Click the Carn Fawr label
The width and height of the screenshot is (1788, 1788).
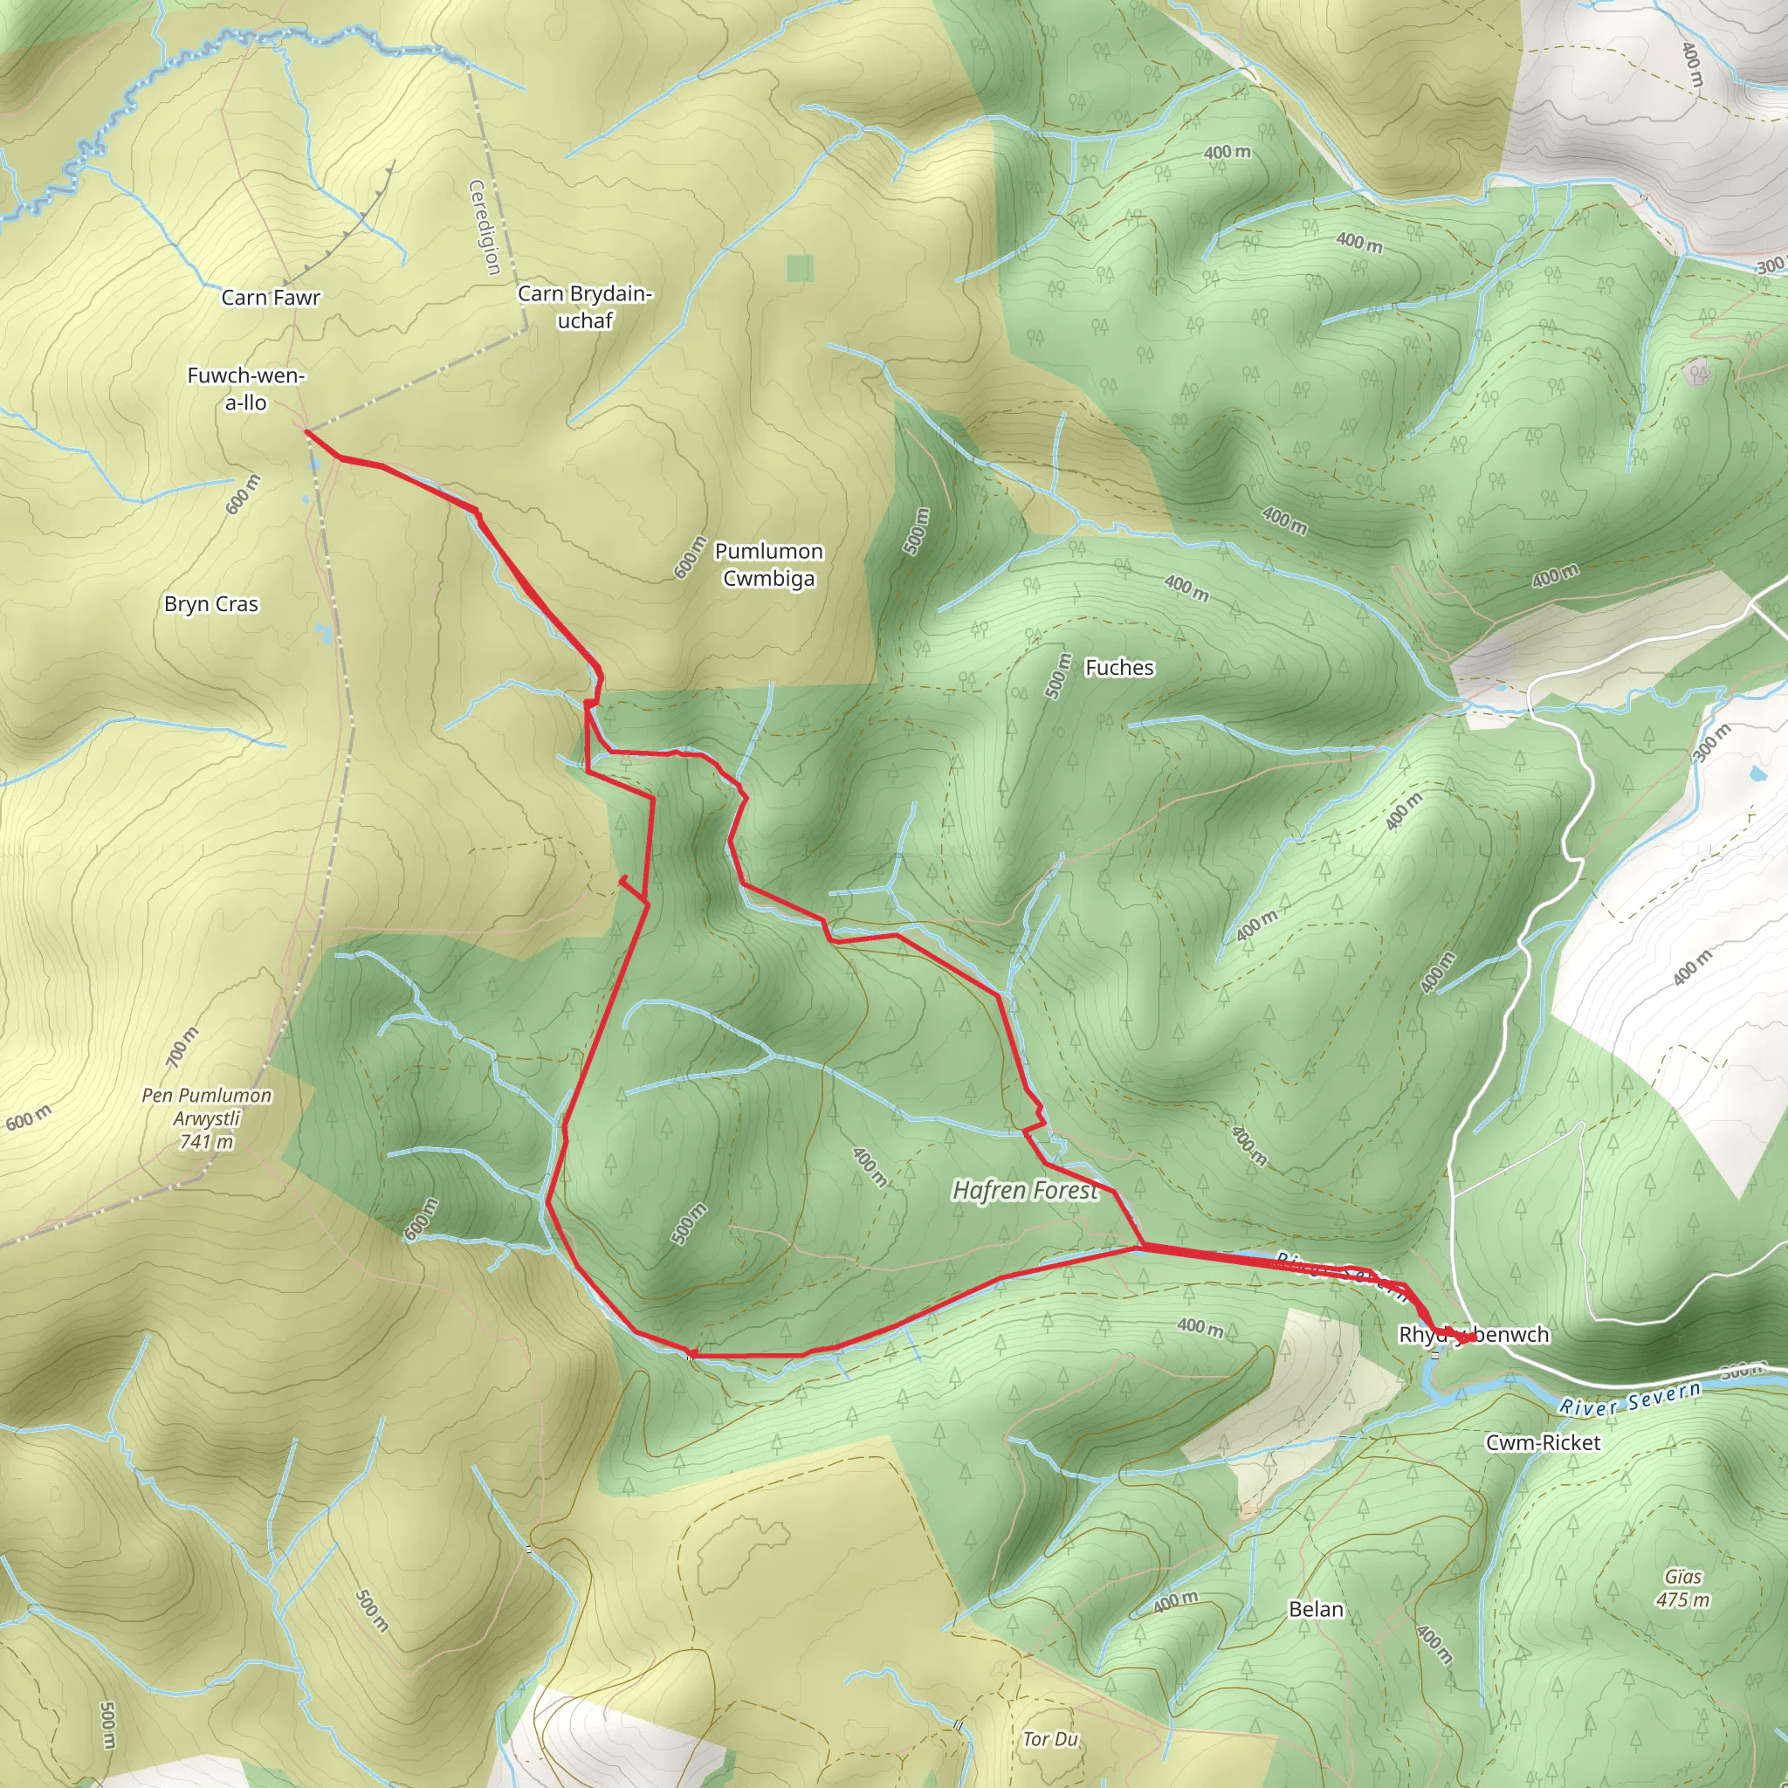(x=271, y=298)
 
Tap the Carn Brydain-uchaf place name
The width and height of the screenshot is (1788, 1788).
(x=585, y=306)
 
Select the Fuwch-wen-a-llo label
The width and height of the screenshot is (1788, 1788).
(x=246, y=389)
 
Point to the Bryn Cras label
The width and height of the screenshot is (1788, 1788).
(x=211, y=604)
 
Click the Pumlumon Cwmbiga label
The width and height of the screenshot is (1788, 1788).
(x=768, y=565)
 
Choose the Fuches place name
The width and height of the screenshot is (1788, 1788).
(x=1119, y=667)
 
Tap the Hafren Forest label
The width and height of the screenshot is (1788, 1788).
(x=1026, y=1190)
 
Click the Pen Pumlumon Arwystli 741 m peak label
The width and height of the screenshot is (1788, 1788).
(x=206, y=1118)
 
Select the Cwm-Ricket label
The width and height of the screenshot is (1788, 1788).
(x=1543, y=1443)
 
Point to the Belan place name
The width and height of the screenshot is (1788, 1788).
(x=1316, y=1609)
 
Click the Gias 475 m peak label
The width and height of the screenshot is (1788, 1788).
(x=1682, y=1587)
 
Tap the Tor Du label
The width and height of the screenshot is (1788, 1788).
(x=1050, y=1740)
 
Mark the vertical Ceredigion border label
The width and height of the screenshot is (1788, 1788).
(x=484, y=228)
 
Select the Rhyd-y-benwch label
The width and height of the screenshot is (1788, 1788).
(x=1474, y=1335)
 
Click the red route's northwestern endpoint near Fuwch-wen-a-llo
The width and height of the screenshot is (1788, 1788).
(x=306, y=431)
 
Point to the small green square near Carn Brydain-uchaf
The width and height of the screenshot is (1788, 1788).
(x=800, y=268)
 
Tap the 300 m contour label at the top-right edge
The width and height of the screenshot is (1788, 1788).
(x=1771, y=265)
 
